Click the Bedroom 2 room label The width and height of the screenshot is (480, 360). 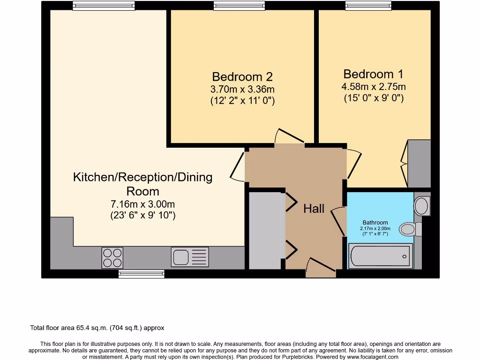click(242, 76)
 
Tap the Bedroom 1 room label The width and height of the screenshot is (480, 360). click(373, 74)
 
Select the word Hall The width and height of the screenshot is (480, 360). click(314, 209)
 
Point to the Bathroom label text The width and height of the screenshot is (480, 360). click(375, 223)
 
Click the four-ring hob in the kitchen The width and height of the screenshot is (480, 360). click(112, 258)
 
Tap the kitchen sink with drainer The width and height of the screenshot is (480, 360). click(190, 257)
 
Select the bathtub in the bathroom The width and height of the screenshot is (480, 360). click(381, 256)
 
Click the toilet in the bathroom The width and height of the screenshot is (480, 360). click(411, 229)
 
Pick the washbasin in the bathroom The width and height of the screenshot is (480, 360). click(422, 206)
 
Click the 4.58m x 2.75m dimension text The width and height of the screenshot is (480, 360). click(374, 87)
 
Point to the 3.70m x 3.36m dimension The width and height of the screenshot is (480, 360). click(242, 90)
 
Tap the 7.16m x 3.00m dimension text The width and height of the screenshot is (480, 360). click(142, 204)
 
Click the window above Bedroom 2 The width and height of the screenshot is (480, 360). click(239, 6)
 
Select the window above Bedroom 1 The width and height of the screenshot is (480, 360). click(368, 6)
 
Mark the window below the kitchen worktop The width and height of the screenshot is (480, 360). click(142, 274)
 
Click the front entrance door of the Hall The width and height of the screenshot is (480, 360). click(321, 268)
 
